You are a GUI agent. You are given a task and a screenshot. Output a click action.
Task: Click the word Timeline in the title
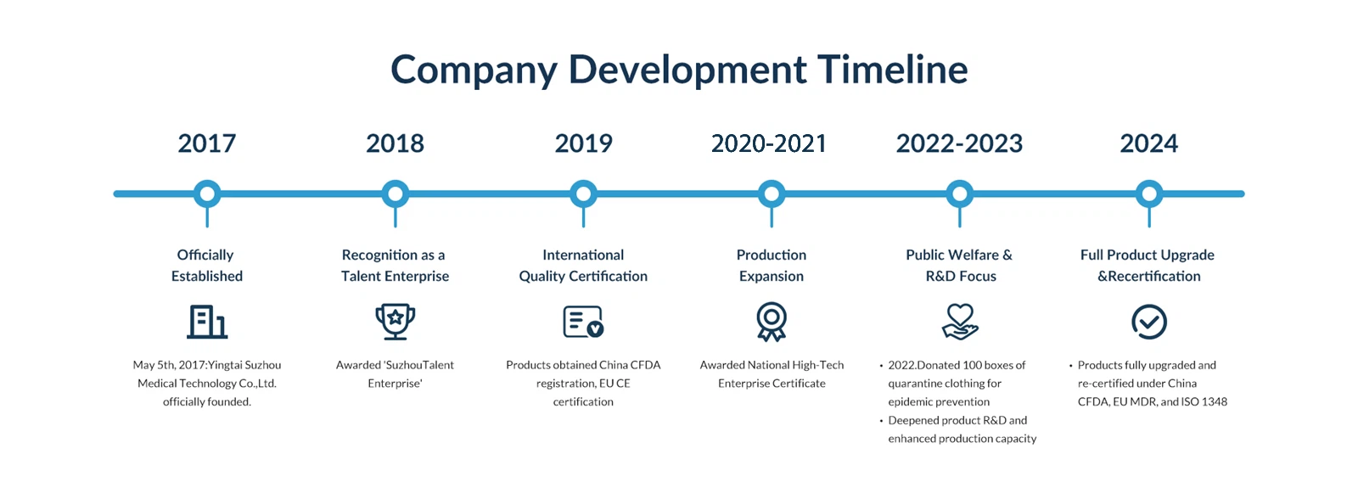(x=892, y=69)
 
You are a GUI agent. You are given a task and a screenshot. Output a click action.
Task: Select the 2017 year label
(x=207, y=143)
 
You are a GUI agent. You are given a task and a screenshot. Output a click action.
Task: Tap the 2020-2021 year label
(x=769, y=143)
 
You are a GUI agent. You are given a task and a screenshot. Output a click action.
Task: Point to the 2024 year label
(x=1149, y=143)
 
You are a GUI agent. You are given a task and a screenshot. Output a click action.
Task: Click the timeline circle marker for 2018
(x=396, y=194)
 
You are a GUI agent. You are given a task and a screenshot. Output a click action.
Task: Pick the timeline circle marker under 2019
(x=583, y=194)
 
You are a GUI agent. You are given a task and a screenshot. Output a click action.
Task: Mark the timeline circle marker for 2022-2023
(x=960, y=194)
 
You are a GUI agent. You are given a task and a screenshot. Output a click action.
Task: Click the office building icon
(x=207, y=322)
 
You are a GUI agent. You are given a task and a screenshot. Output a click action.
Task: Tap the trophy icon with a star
(x=396, y=322)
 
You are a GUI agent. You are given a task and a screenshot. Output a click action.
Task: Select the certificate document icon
(x=583, y=322)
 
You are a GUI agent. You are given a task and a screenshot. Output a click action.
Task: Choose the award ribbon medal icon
(x=772, y=322)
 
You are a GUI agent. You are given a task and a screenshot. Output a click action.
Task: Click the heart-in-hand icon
(x=960, y=322)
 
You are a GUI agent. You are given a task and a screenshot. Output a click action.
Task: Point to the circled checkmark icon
(x=1149, y=322)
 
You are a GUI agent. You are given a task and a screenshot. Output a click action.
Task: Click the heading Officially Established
(x=207, y=266)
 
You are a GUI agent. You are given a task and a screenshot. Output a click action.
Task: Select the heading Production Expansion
(x=772, y=266)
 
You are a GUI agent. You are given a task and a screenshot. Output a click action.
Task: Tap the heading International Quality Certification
(x=583, y=266)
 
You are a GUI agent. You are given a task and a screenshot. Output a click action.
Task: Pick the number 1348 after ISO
(x=1215, y=401)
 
